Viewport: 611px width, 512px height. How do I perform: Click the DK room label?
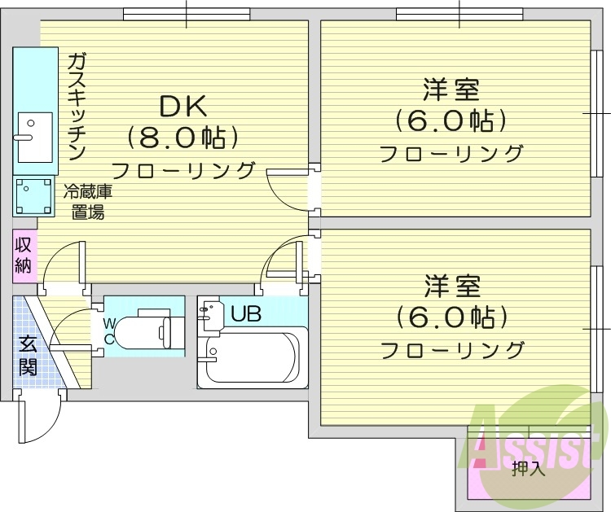point(182,106)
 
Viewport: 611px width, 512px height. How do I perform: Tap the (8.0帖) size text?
point(182,137)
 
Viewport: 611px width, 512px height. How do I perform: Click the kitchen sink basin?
point(34,137)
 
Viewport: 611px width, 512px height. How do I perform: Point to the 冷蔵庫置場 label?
point(85,203)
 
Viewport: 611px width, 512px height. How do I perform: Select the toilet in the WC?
point(147,330)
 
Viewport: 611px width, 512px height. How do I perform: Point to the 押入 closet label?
point(528,469)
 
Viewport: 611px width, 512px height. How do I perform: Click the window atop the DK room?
point(186,13)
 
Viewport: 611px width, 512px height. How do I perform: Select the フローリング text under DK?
point(182,171)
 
